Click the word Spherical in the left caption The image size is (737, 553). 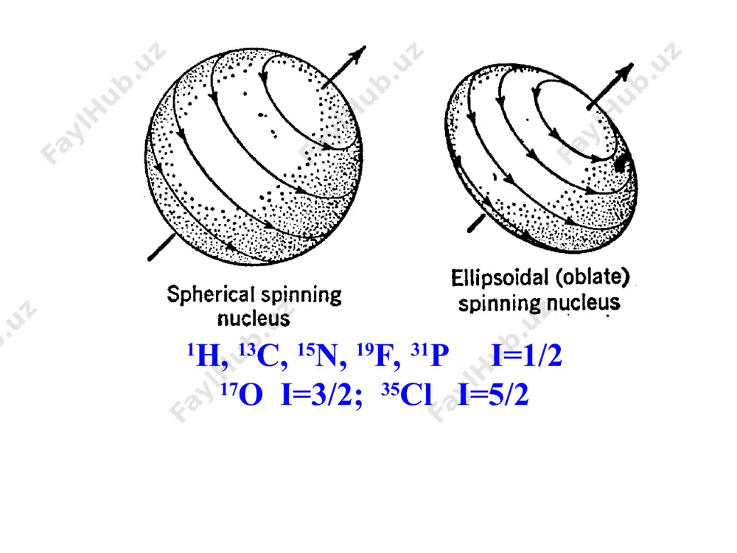coord(211,296)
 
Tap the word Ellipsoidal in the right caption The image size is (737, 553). coord(500,278)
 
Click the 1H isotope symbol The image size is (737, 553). coord(207,355)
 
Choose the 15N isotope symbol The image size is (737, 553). coord(322,355)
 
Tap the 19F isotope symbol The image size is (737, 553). coord(378,355)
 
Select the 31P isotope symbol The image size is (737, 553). coord(430,355)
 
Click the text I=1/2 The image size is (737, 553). coord(526,355)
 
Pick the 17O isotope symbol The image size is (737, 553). coord(242,394)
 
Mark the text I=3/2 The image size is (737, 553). coord(321,394)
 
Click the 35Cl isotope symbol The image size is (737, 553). coord(407,394)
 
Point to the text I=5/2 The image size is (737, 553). coord(494,394)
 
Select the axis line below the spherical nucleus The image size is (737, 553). coord(161,247)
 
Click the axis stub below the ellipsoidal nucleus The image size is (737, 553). coord(476,223)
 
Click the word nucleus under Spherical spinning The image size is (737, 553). coord(254,319)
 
